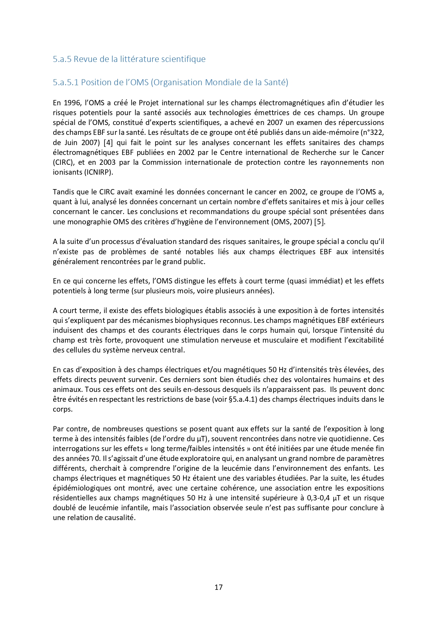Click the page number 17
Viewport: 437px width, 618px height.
[218, 587]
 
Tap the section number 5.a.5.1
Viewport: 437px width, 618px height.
[66, 82]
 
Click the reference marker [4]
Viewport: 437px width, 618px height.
[108, 143]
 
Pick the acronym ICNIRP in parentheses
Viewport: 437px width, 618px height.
[98, 172]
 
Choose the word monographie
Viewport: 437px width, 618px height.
[88, 222]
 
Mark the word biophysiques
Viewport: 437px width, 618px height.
[207, 320]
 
